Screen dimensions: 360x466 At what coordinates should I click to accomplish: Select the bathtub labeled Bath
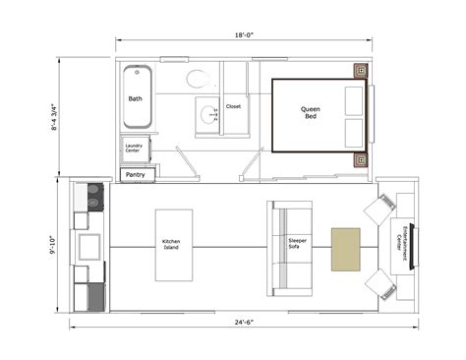pos(135,98)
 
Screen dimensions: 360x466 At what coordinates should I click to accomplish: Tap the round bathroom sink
pos(208,114)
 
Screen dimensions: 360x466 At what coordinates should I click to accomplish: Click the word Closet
pos(234,106)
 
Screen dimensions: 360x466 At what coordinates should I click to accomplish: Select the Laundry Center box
pos(133,149)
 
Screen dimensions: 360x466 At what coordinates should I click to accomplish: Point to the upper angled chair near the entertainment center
pos(379,210)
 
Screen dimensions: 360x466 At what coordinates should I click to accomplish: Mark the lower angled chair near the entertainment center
pos(379,284)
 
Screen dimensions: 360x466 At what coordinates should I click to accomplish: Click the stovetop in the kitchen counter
pos(94,198)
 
